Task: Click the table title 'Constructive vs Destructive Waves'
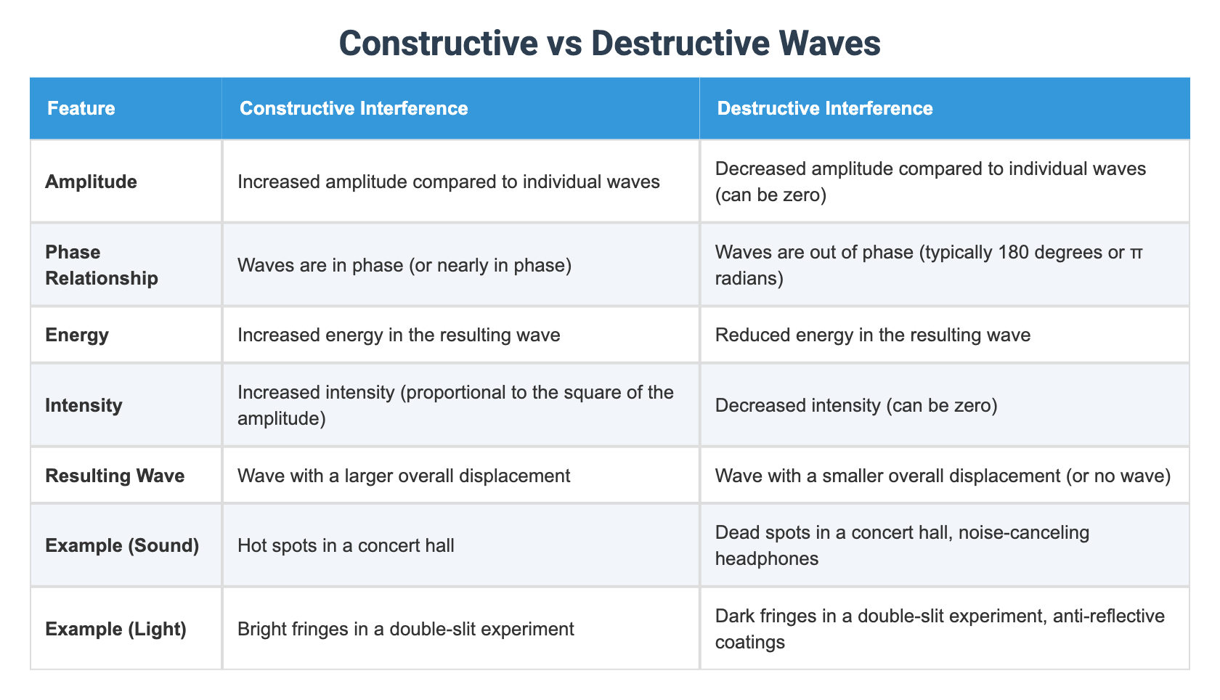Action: tap(609, 43)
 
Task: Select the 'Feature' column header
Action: tap(81, 108)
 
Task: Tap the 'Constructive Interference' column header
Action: tap(354, 108)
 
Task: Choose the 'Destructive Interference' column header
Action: tap(825, 108)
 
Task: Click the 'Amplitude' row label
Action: tap(91, 182)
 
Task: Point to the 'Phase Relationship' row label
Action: tap(102, 265)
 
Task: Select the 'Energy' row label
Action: tap(77, 335)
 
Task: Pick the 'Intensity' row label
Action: tap(84, 405)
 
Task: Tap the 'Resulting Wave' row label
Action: tap(115, 476)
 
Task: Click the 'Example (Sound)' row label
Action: tap(122, 545)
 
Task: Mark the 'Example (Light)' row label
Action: tap(115, 629)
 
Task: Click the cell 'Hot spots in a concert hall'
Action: tap(346, 545)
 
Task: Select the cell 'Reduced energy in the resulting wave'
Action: tap(872, 335)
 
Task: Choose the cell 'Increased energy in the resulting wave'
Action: tap(399, 335)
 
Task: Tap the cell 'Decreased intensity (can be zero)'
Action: tap(856, 405)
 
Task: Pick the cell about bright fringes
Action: tap(405, 629)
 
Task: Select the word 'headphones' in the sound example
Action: tap(767, 558)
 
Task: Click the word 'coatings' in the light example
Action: tap(750, 642)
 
